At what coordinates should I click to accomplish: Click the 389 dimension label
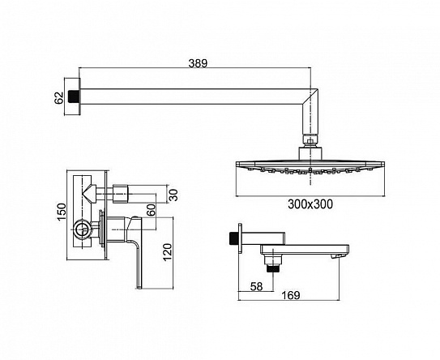(x=198, y=63)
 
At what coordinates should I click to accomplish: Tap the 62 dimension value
(x=59, y=98)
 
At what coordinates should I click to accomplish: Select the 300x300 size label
(x=310, y=204)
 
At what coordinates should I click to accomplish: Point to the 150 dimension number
(x=62, y=212)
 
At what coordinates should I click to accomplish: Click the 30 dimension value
(x=173, y=195)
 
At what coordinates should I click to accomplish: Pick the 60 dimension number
(x=151, y=210)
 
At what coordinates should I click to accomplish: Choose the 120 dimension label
(x=167, y=252)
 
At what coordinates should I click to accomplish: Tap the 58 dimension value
(x=256, y=286)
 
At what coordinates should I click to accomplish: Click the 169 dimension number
(x=290, y=295)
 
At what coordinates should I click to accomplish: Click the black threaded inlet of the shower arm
(x=73, y=96)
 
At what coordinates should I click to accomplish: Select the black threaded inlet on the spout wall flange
(x=233, y=238)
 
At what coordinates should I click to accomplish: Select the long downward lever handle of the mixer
(x=139, y=264)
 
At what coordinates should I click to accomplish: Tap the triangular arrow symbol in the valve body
(x=89, y=193)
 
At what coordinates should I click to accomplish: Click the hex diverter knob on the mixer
(x=121, y=194)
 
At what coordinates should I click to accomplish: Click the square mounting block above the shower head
(x=310, y=154)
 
